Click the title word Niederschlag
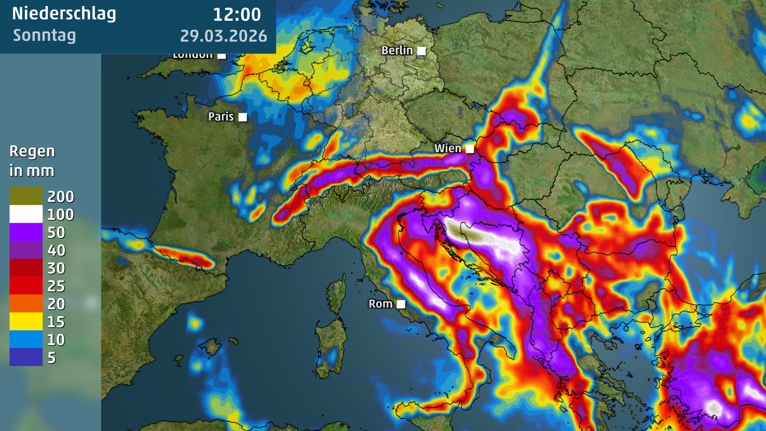[x=64, y=14]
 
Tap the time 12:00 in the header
[x=237, y=15]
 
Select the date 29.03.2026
[x=223, y=36]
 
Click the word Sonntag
[x=44, y=36]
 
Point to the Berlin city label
[x=397, y=50]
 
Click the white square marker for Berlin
[x=421, y=51]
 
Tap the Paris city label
[x=221, y=117]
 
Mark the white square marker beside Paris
[x=243, y=117]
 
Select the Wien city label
[x=448, y=148]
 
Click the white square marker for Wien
[x=470, y=149]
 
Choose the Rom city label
[x=380, y=304]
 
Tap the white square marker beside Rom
[x=401, y=304]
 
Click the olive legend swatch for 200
[x=26, y=196]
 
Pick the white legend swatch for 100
[x=26, y=214]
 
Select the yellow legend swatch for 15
[x=26, y=321]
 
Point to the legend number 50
[x=56, y=232]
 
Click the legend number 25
[x=56, y=286]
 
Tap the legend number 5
[x=51, y=358]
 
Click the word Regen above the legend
[x=32, y=152]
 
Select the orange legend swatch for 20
[x=26, y=303]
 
